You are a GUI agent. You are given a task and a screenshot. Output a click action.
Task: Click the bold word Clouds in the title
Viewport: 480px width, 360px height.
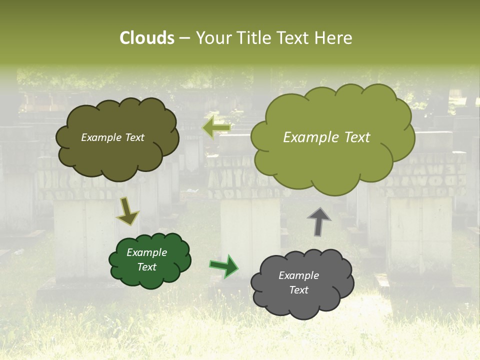pos(147,38)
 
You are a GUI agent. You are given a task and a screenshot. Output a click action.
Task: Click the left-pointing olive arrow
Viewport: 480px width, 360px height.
pos(216,127)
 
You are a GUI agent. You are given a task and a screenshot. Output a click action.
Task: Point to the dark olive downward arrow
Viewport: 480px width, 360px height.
pos(127,210)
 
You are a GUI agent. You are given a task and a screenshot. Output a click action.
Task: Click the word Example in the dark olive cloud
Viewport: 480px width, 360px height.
pos(100,137)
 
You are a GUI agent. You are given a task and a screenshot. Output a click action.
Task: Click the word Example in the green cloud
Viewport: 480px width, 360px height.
pos(147,252)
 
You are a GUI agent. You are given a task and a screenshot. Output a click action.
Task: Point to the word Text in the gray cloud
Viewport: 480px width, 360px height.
pos(298,290)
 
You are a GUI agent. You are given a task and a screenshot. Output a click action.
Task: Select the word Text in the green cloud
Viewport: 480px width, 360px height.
pos(147,267)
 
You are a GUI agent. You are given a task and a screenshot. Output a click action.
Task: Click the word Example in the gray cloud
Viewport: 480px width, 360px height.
pos(298,275)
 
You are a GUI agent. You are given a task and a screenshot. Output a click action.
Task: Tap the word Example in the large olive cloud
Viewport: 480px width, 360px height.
pos(307,137)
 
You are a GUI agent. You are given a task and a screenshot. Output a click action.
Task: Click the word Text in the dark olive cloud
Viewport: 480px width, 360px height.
pos(133,137)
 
